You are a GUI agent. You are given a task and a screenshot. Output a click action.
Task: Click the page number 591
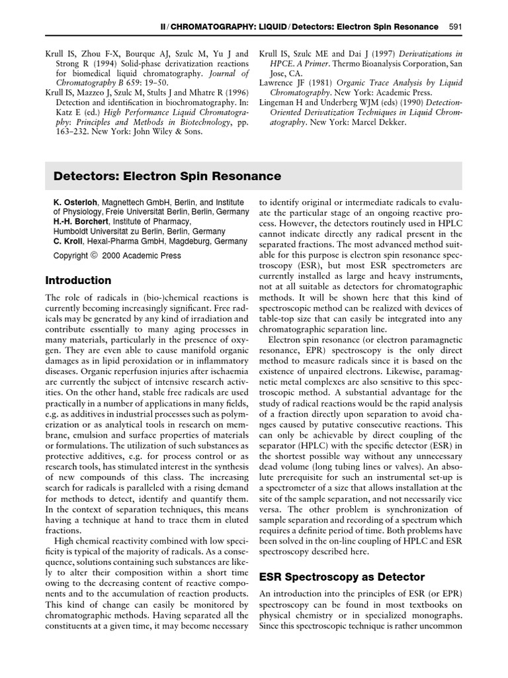coord(455,26)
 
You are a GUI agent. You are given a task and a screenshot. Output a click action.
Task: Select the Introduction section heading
coord(78,280)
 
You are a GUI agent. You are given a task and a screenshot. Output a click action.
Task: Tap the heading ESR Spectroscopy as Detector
coord(341,577)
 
